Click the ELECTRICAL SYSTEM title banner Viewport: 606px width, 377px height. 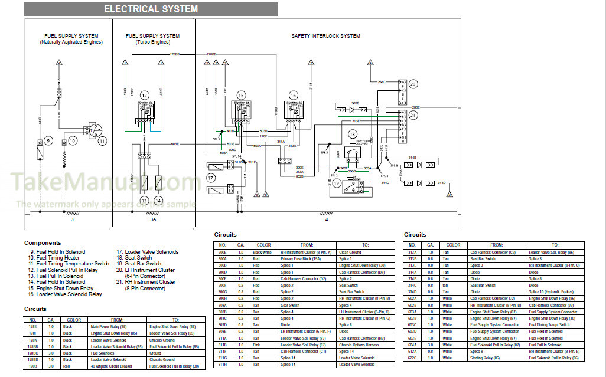click(151, 9)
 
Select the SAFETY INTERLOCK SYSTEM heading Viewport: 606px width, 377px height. click(325, 36)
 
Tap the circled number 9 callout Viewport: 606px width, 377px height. click(48, 140)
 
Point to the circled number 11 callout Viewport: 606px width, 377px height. click(102, 140)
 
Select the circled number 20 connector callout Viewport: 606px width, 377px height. click(413, 84)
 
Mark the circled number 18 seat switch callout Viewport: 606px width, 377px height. click(353, 135)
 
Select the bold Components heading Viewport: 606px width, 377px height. click(43, 242)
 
